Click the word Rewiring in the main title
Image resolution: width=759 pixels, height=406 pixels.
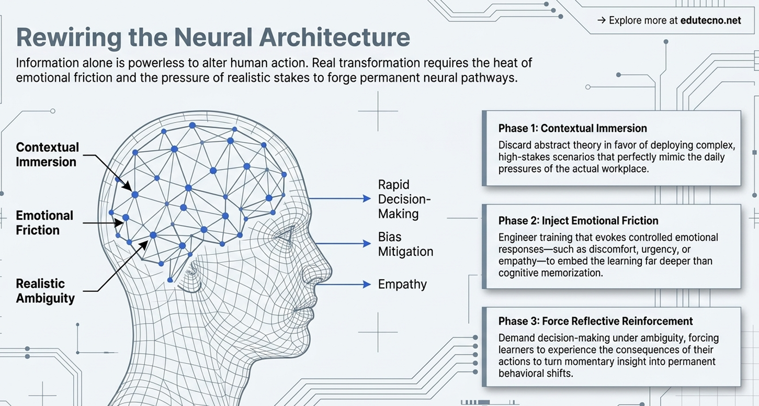tap(69, 37)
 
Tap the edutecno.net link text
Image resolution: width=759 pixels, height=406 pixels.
tap(710, 20)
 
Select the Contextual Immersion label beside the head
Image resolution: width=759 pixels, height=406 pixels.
tap(48, 154)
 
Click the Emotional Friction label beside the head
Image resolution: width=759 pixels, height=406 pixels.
tap(44, 223)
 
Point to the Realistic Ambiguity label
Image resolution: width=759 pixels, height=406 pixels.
tap(46, 291)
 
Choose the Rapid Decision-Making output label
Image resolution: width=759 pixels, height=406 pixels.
tap(404, 199)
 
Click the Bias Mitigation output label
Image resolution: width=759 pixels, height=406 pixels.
tap(405, 244)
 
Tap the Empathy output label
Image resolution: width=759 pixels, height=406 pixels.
tap(402, 284)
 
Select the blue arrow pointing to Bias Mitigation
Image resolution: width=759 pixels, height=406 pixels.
tap(343, 243)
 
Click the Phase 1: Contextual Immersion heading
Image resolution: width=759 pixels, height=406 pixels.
tap(573, 128)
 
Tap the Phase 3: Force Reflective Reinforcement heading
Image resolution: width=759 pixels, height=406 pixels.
tap(596, 321)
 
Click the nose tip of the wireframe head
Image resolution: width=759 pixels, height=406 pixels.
tap(330, 271)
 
